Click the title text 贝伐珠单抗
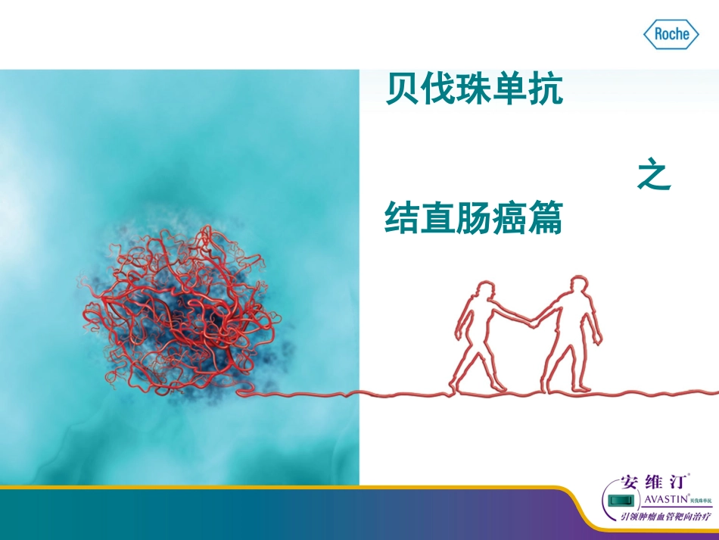click(x=474, y=90)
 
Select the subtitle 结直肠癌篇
click(x=474, y=217)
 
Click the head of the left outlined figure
click(x=484, y=291)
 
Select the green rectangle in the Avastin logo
click(x=621, y=501)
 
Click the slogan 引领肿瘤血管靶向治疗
click(x=666, y=517)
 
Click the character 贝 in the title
click(x=403, y=90)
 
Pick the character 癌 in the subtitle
click(x=509, y=217)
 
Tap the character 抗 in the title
click(x=545, y=90)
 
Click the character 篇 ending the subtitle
click(x=545, y=217)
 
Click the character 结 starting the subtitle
click(x=403, y=217)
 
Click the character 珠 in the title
click(x=474, y=90)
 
